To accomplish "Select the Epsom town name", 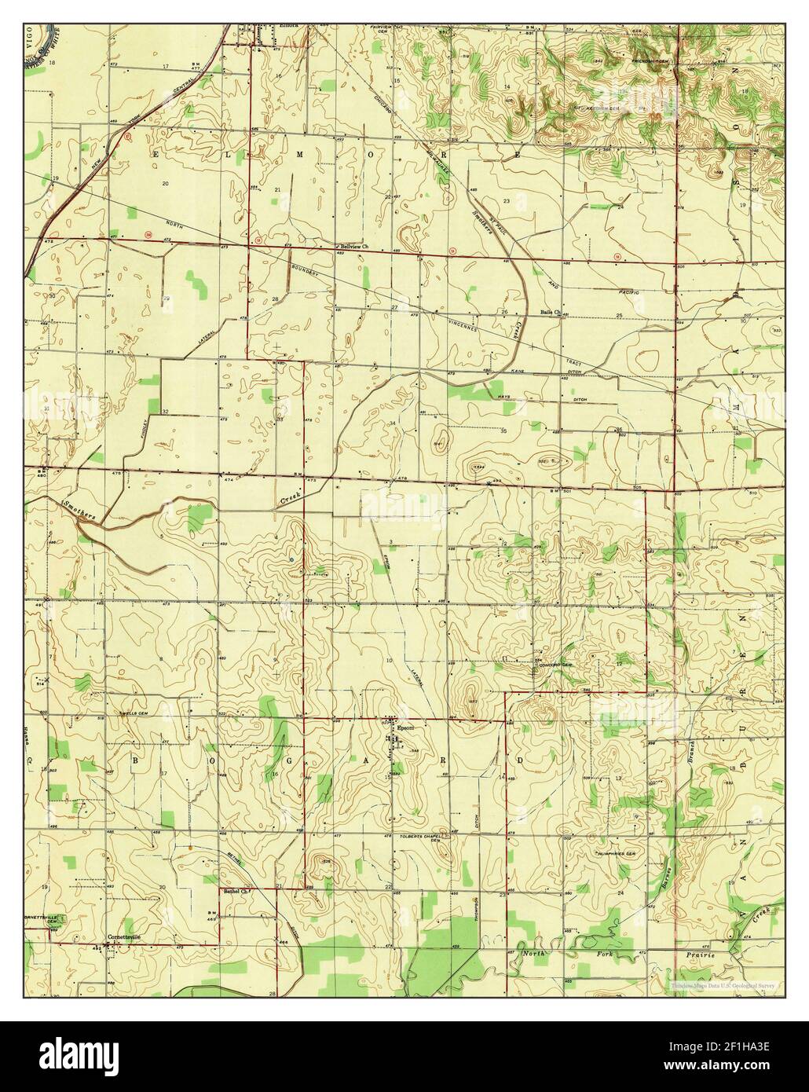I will (x=405, y=727).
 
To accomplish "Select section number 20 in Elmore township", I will (x=165, y=183).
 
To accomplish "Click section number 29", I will (x=167, y=299).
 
